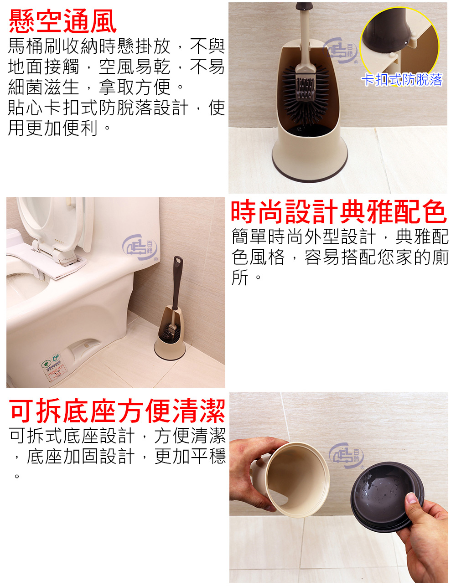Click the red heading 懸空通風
point(63,22)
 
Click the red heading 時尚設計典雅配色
point(338,212)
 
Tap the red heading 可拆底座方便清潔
point(118,411)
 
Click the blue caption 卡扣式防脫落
point(402,80)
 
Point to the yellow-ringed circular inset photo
point(399,43)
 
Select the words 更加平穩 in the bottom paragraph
point(191,456)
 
